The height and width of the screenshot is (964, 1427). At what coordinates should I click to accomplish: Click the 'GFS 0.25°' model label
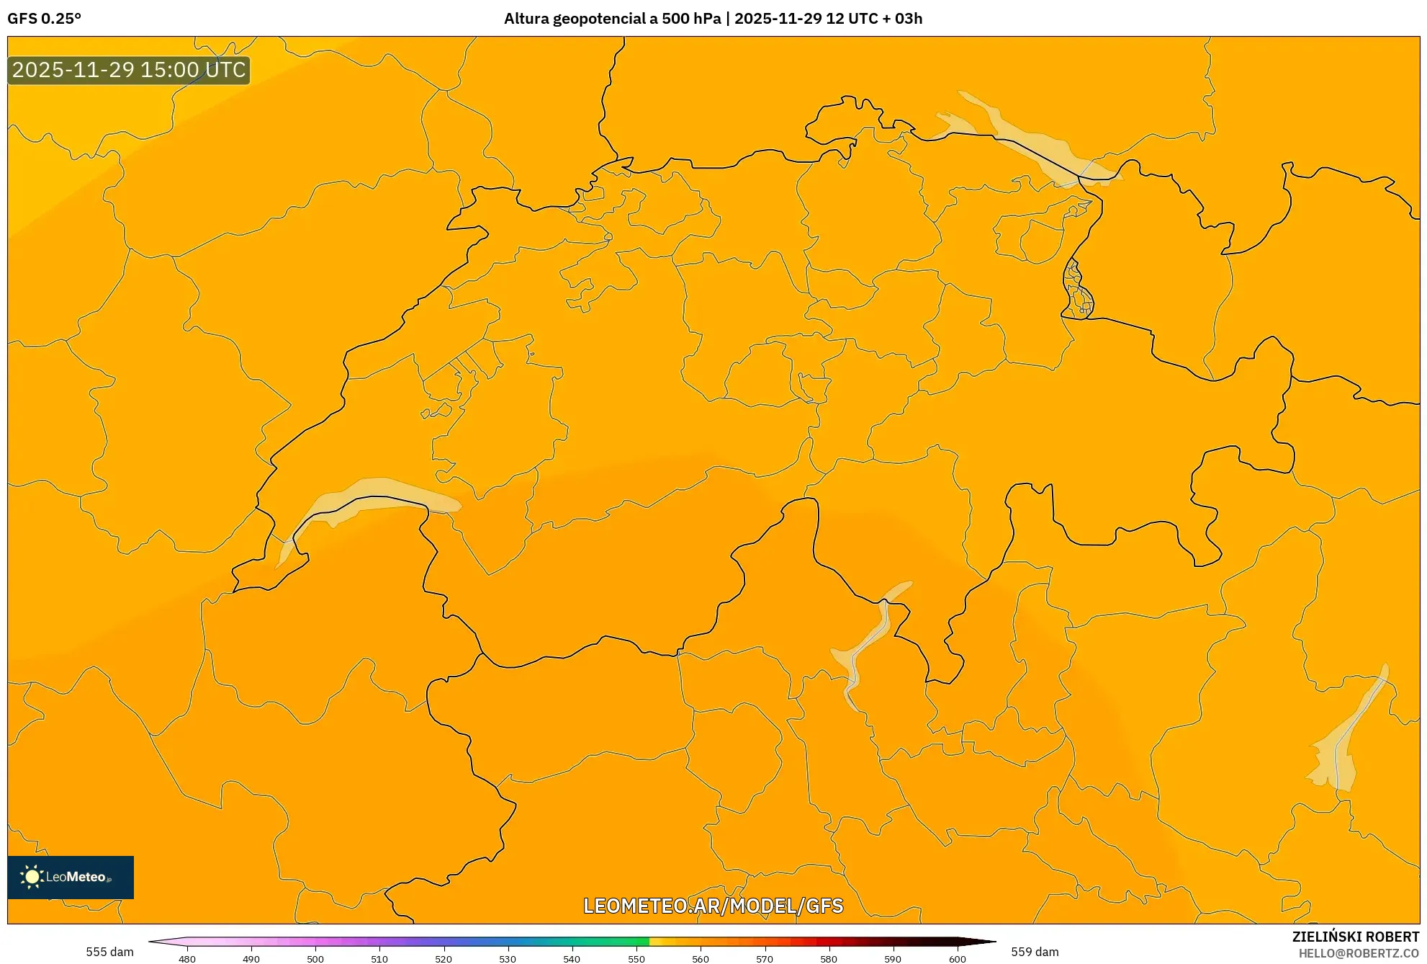(x=45, y=19)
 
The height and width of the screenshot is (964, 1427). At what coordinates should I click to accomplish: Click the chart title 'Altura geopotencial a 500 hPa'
(x=612, y=19)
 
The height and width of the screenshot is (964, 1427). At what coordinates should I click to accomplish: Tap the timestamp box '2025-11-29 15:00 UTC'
(x=129, y=70)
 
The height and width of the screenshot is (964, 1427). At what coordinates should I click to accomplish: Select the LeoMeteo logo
(x=71, y=877)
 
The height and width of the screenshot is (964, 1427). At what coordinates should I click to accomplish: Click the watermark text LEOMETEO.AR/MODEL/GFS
(x=713, y=906)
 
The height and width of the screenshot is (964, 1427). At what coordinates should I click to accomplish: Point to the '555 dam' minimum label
(x=109, y=952)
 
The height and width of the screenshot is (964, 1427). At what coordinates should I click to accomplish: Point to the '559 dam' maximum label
(x=1035, y=952)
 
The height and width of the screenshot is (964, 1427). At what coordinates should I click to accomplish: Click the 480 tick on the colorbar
(x=187, y=959)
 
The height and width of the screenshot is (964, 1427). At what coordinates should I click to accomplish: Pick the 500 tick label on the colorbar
(x=315, y=959)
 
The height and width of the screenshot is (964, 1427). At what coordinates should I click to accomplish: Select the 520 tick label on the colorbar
(x=444, y=959)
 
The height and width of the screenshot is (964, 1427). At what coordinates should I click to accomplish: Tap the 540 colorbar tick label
(x=572, y=959)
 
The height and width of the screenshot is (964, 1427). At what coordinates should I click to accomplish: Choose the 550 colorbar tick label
(x=636, y=959)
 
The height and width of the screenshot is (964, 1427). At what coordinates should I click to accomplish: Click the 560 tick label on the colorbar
(x=701, y=959)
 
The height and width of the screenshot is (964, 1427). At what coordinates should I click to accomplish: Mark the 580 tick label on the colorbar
(x=829, y=959)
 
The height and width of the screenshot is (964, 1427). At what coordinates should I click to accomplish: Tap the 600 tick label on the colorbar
(x=957, y=959)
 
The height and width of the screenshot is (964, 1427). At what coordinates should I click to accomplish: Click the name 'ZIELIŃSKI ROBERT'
(x=1356, y=937)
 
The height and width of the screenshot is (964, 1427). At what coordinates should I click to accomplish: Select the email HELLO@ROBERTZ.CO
(x=1359, y=953)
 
